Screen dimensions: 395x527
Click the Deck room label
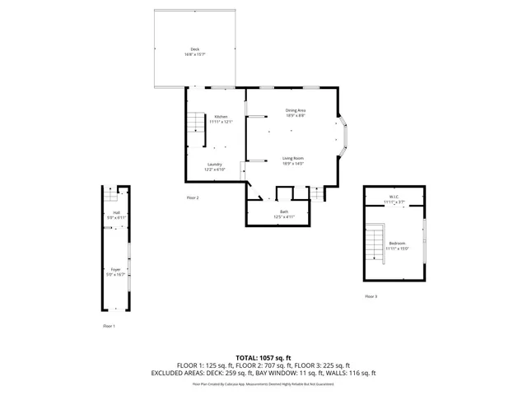195,49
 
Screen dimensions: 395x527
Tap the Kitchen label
221,117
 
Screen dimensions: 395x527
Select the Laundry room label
215,165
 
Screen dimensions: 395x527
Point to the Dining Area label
296,110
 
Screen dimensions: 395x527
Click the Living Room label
294,158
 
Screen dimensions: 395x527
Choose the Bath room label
284,212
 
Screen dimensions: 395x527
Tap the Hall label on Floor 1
117,212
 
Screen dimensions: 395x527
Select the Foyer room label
116,269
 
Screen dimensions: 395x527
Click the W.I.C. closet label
394,197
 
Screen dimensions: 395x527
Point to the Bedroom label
398,244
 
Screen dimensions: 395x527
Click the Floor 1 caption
109,327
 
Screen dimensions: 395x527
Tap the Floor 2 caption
193,197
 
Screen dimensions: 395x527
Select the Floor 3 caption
371,296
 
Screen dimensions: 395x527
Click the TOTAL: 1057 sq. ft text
263,357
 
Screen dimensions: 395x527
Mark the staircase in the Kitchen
194,124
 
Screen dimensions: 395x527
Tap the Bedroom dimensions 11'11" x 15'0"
398,249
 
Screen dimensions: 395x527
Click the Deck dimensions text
195,54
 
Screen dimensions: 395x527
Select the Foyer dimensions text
116,274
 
